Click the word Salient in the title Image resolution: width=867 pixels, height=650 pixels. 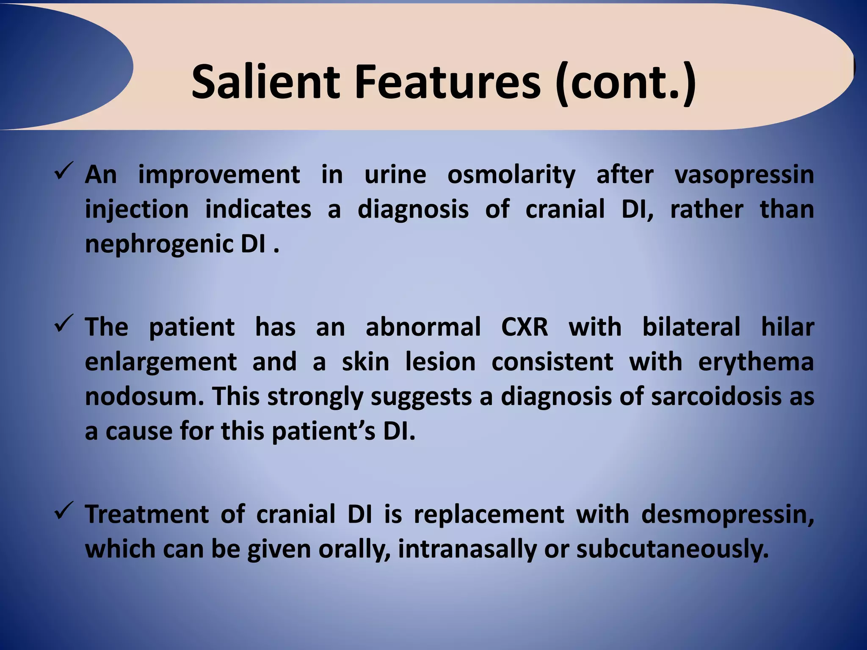coord(265,81)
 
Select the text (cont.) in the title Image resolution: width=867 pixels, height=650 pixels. coord(626,82)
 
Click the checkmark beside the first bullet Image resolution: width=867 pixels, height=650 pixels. coord(64,170)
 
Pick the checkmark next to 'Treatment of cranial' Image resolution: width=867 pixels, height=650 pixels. coord(64,510)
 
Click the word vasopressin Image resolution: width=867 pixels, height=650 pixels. coord(744,175)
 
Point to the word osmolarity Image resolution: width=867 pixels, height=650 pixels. coord(511,174)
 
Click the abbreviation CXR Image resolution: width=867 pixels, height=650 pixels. coord(525,327)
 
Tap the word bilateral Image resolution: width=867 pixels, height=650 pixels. coord(691,327)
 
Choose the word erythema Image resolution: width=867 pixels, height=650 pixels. coord(756,363)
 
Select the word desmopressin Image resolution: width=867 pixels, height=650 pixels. coord(727,515)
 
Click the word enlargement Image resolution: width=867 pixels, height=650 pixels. coord(160,363)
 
